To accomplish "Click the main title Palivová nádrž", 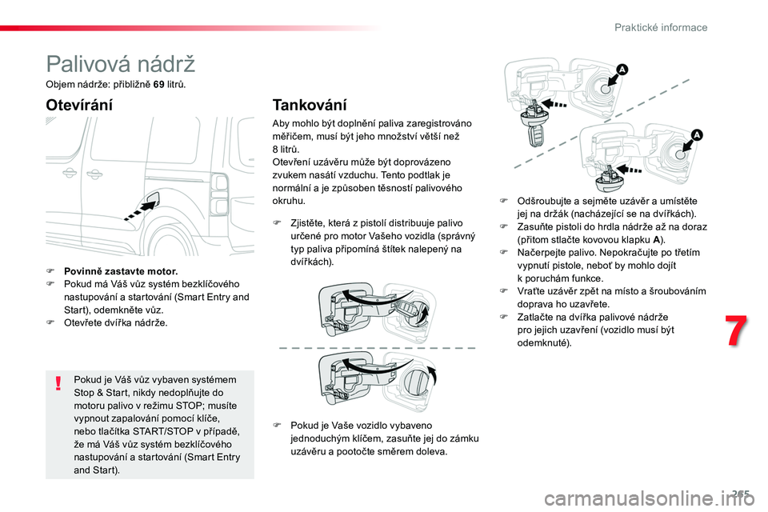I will tap(120, 63).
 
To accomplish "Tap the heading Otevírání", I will tap(79, 105).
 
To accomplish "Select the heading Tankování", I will tap(310, 105).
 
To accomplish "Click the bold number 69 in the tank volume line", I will tap(158, 83).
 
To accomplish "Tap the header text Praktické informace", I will tap(661, 27).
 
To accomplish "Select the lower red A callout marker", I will tap(696, 134).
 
